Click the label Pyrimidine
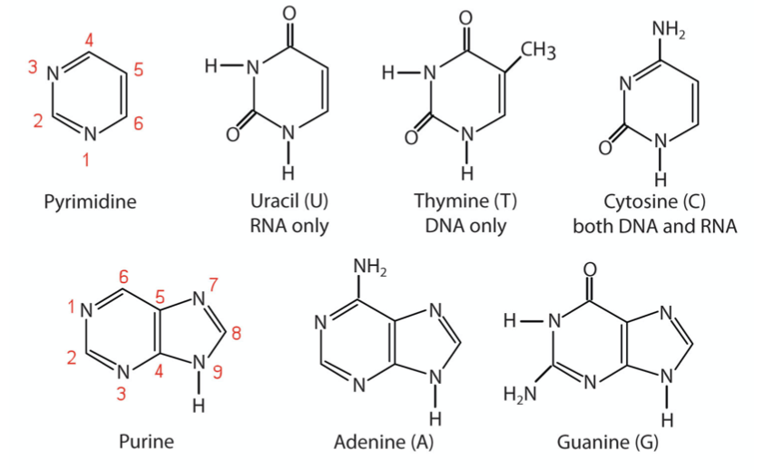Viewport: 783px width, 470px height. pos(90,201)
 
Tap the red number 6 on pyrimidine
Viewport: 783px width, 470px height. pos(137,123)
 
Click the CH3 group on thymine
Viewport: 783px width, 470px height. pos(538,53)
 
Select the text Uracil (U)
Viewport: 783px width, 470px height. pos(289,201)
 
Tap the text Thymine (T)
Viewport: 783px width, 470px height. pos(465,201)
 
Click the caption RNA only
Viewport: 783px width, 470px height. pos(289,225)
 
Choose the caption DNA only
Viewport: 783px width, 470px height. pos(465,225)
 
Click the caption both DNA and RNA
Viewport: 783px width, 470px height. pos(654,225)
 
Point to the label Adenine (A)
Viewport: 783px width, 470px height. pos(384,443)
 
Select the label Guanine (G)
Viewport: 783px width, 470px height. pos(608,443)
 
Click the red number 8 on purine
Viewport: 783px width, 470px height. pos(237,332)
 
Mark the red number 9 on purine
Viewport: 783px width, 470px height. pos(218,372)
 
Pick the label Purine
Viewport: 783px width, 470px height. pos(146,443)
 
